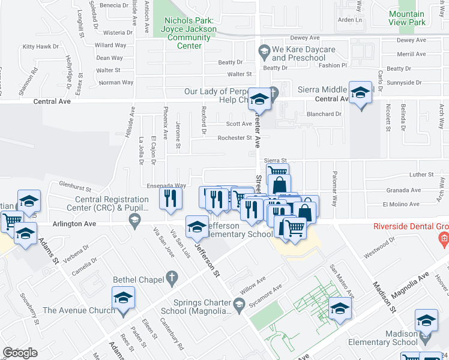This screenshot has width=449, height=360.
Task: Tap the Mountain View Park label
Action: (x=406, y=18)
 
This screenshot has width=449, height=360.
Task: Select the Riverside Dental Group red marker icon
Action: (x=444, y=240)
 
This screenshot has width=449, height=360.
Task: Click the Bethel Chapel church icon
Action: (x=172, y=278)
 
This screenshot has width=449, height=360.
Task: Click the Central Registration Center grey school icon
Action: (x=134, y=223)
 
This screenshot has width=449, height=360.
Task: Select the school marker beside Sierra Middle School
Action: (x=360, y=94)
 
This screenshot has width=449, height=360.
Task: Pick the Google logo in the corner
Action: (x=20, y=353)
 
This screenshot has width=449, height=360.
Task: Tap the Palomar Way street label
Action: (x=335, y=186)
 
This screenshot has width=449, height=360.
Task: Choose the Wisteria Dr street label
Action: (x=118, y=32)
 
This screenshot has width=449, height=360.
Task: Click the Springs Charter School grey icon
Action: (x=239, y=305)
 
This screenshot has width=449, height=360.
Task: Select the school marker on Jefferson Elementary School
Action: (x=196, y=226)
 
